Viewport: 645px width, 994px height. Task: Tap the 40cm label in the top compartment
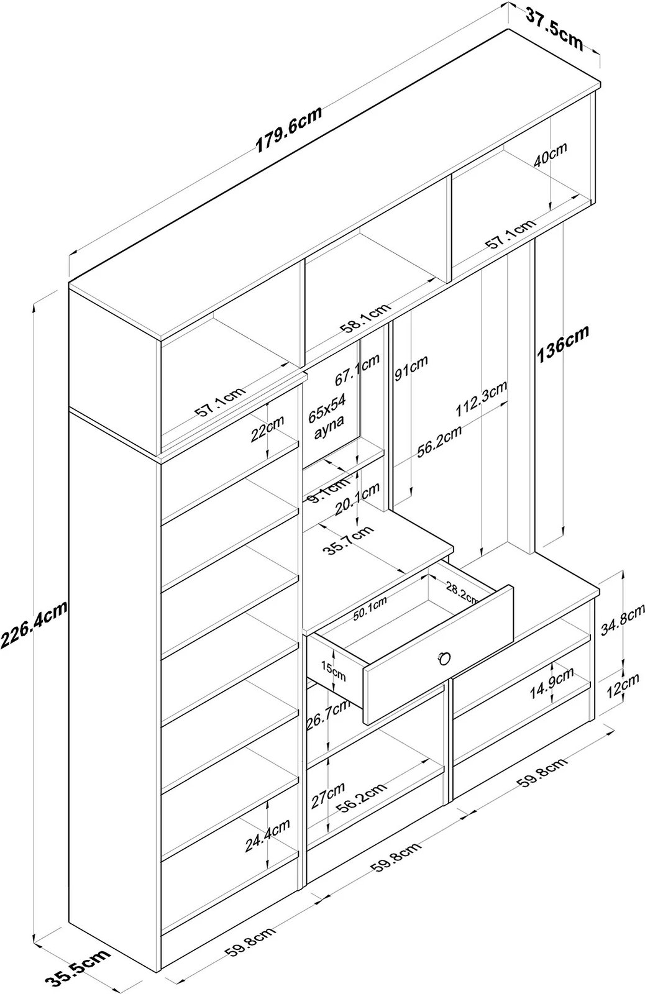(550, 153)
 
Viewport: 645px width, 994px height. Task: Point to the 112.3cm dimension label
(481, 399)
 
